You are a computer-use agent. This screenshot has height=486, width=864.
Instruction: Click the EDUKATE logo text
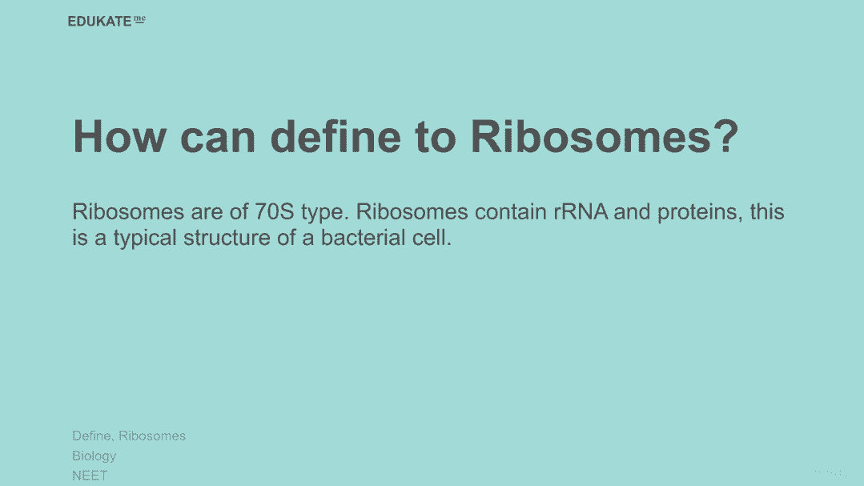coord(99,22)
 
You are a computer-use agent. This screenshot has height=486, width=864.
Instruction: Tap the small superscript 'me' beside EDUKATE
coord(139,19)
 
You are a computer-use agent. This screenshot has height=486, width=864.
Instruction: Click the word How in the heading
coord(119,136)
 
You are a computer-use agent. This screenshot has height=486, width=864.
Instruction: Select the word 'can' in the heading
coord(218,138)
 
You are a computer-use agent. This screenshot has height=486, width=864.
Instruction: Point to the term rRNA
coord(581,211)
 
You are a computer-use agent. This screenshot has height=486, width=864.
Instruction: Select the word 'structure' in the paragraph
coord(227,238)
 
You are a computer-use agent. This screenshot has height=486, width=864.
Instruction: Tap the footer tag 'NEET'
coord(90,476)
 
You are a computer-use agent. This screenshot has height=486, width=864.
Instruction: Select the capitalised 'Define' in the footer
coord(91,436)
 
